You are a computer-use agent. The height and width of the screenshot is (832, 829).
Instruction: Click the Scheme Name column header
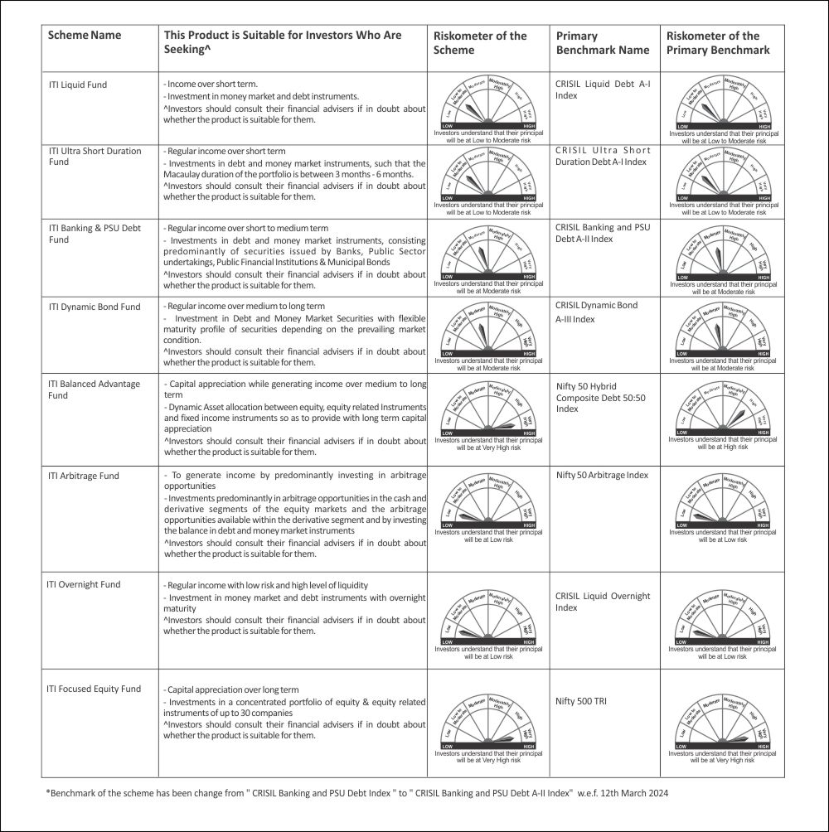pyautogui.click(x=85, y=36)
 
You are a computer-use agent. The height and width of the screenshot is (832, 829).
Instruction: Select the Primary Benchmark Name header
pyautogui.click(x=602, y=43)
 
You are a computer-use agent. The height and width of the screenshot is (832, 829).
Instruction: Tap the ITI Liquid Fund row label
pyautogui.click(x=78, y=85)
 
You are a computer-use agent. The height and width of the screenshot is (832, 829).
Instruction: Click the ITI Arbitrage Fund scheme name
pyautogui.click(x=84, y=476)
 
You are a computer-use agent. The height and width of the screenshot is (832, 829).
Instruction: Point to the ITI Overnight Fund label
pyautogui.click(x=83, y=584)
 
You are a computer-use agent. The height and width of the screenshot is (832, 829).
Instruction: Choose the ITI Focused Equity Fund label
pyautogui.click(x=95, y=689)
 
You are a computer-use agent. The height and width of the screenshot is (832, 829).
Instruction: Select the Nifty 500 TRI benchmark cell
pyautogui.click(x=581, y=701)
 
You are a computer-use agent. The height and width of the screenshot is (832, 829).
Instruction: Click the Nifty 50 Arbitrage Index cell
pyautogui.click(x=602, y=475)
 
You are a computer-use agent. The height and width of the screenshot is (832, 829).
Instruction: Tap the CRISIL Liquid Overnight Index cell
pyautogui.click(x=603, y=602)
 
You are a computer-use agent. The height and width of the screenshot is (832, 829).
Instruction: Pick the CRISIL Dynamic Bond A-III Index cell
pyautogui.click(x=597, y=312)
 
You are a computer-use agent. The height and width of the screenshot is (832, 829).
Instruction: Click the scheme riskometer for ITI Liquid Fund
pyautogui.click(x=488, y=106)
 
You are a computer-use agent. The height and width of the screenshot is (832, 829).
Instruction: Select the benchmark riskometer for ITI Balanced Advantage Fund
pyautogui.click(x=723, y=414)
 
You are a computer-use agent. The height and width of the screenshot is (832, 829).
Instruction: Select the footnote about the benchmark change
pyautogui.click(x=356, y=793)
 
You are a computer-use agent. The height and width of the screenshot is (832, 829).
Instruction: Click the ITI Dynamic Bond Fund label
pyautogui.click(x=95, y=307)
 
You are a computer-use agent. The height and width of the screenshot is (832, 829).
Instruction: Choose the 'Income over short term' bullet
pyautogui.click(x=211, y=84)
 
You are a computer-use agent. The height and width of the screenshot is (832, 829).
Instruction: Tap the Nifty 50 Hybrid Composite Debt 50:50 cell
pyautogui.click(x=600, y=398)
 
